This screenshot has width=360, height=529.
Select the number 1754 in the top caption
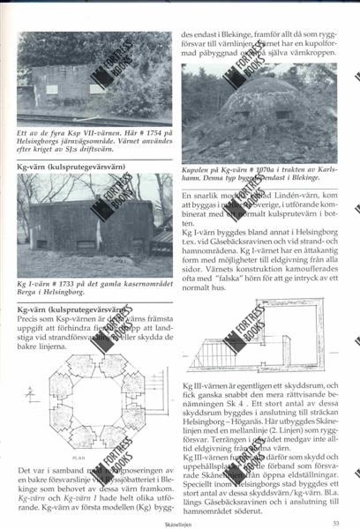tap(146, 130)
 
